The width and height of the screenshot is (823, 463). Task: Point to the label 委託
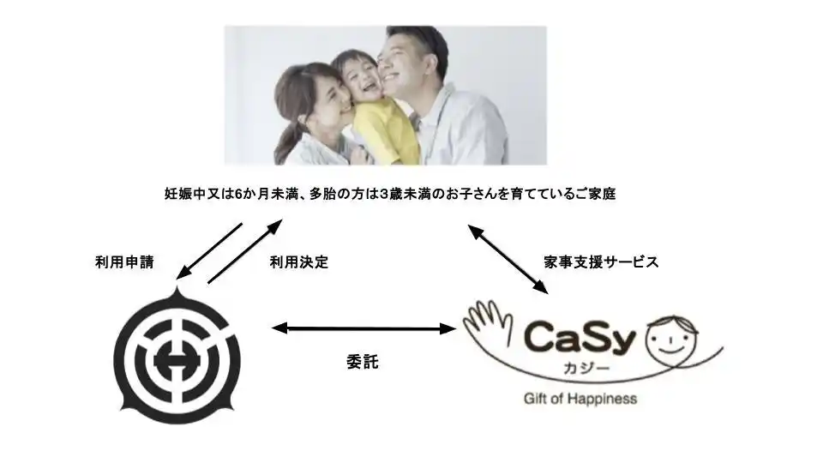pyautogui.click(x=357, y=362)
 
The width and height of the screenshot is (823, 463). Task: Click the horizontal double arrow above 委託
pyautogui.click(x=363, y=328)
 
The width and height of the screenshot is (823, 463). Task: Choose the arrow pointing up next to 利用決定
pyautogui.click(x=243, y=250)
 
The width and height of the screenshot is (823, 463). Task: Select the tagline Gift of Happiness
pyautogui.click(x=580, y=399)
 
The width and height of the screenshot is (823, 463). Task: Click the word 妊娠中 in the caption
pyautogui.click(x=183, y=195)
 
